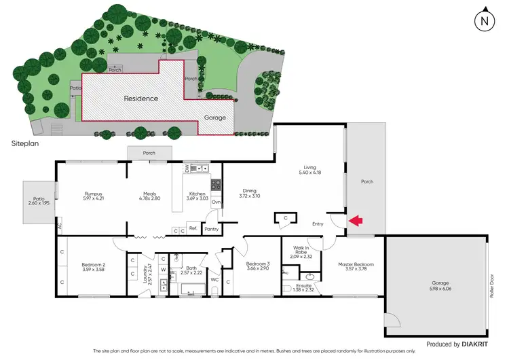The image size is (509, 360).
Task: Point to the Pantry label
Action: [212, 230]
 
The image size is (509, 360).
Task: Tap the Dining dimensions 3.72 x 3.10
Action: [249, 196]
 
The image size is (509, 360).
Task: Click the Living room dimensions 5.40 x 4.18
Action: [310, 172]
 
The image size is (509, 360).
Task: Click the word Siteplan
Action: [24, 145]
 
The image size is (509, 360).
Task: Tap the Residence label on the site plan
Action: [140, 98]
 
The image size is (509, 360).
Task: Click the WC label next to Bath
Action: [215, 280]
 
